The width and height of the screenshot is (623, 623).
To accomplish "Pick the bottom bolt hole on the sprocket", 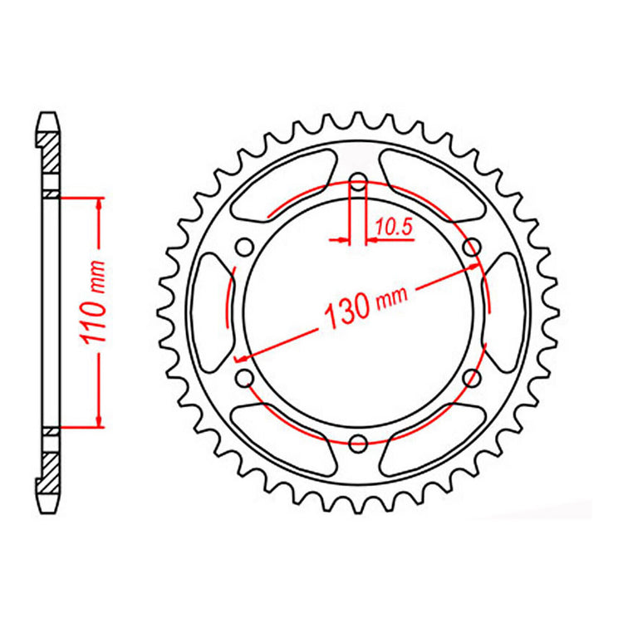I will click(x=358, y=442).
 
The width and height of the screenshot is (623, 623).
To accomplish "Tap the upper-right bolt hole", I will click(x=472, y=246).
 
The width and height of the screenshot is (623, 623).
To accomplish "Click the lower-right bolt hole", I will click(x=472, y=378).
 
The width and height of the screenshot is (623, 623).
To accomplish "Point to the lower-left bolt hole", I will click(x=245, y=378).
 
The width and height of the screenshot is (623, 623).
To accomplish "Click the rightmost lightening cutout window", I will click(x=505, y=311).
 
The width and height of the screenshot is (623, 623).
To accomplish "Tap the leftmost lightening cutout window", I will click(x=210, y=311).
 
